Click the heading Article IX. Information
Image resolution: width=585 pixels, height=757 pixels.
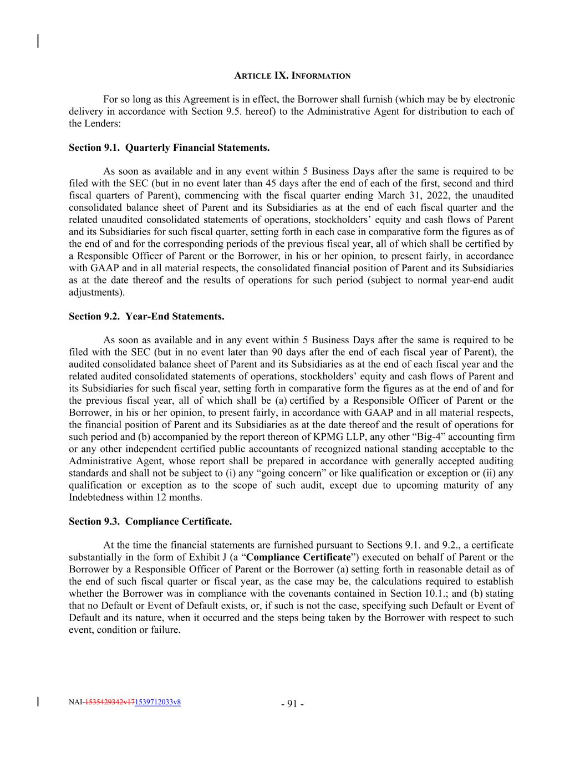coord(292,75)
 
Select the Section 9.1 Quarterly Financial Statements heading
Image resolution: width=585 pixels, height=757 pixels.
coord(169,148)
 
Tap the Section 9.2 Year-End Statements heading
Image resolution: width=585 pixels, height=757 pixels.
coord(146,316)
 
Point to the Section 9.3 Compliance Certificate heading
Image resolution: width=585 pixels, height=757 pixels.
coord(150,521)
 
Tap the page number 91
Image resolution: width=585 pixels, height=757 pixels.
coord(292,704)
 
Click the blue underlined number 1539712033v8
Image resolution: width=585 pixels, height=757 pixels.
coord(158,702)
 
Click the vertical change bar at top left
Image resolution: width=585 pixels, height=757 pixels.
coord(38,41)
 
